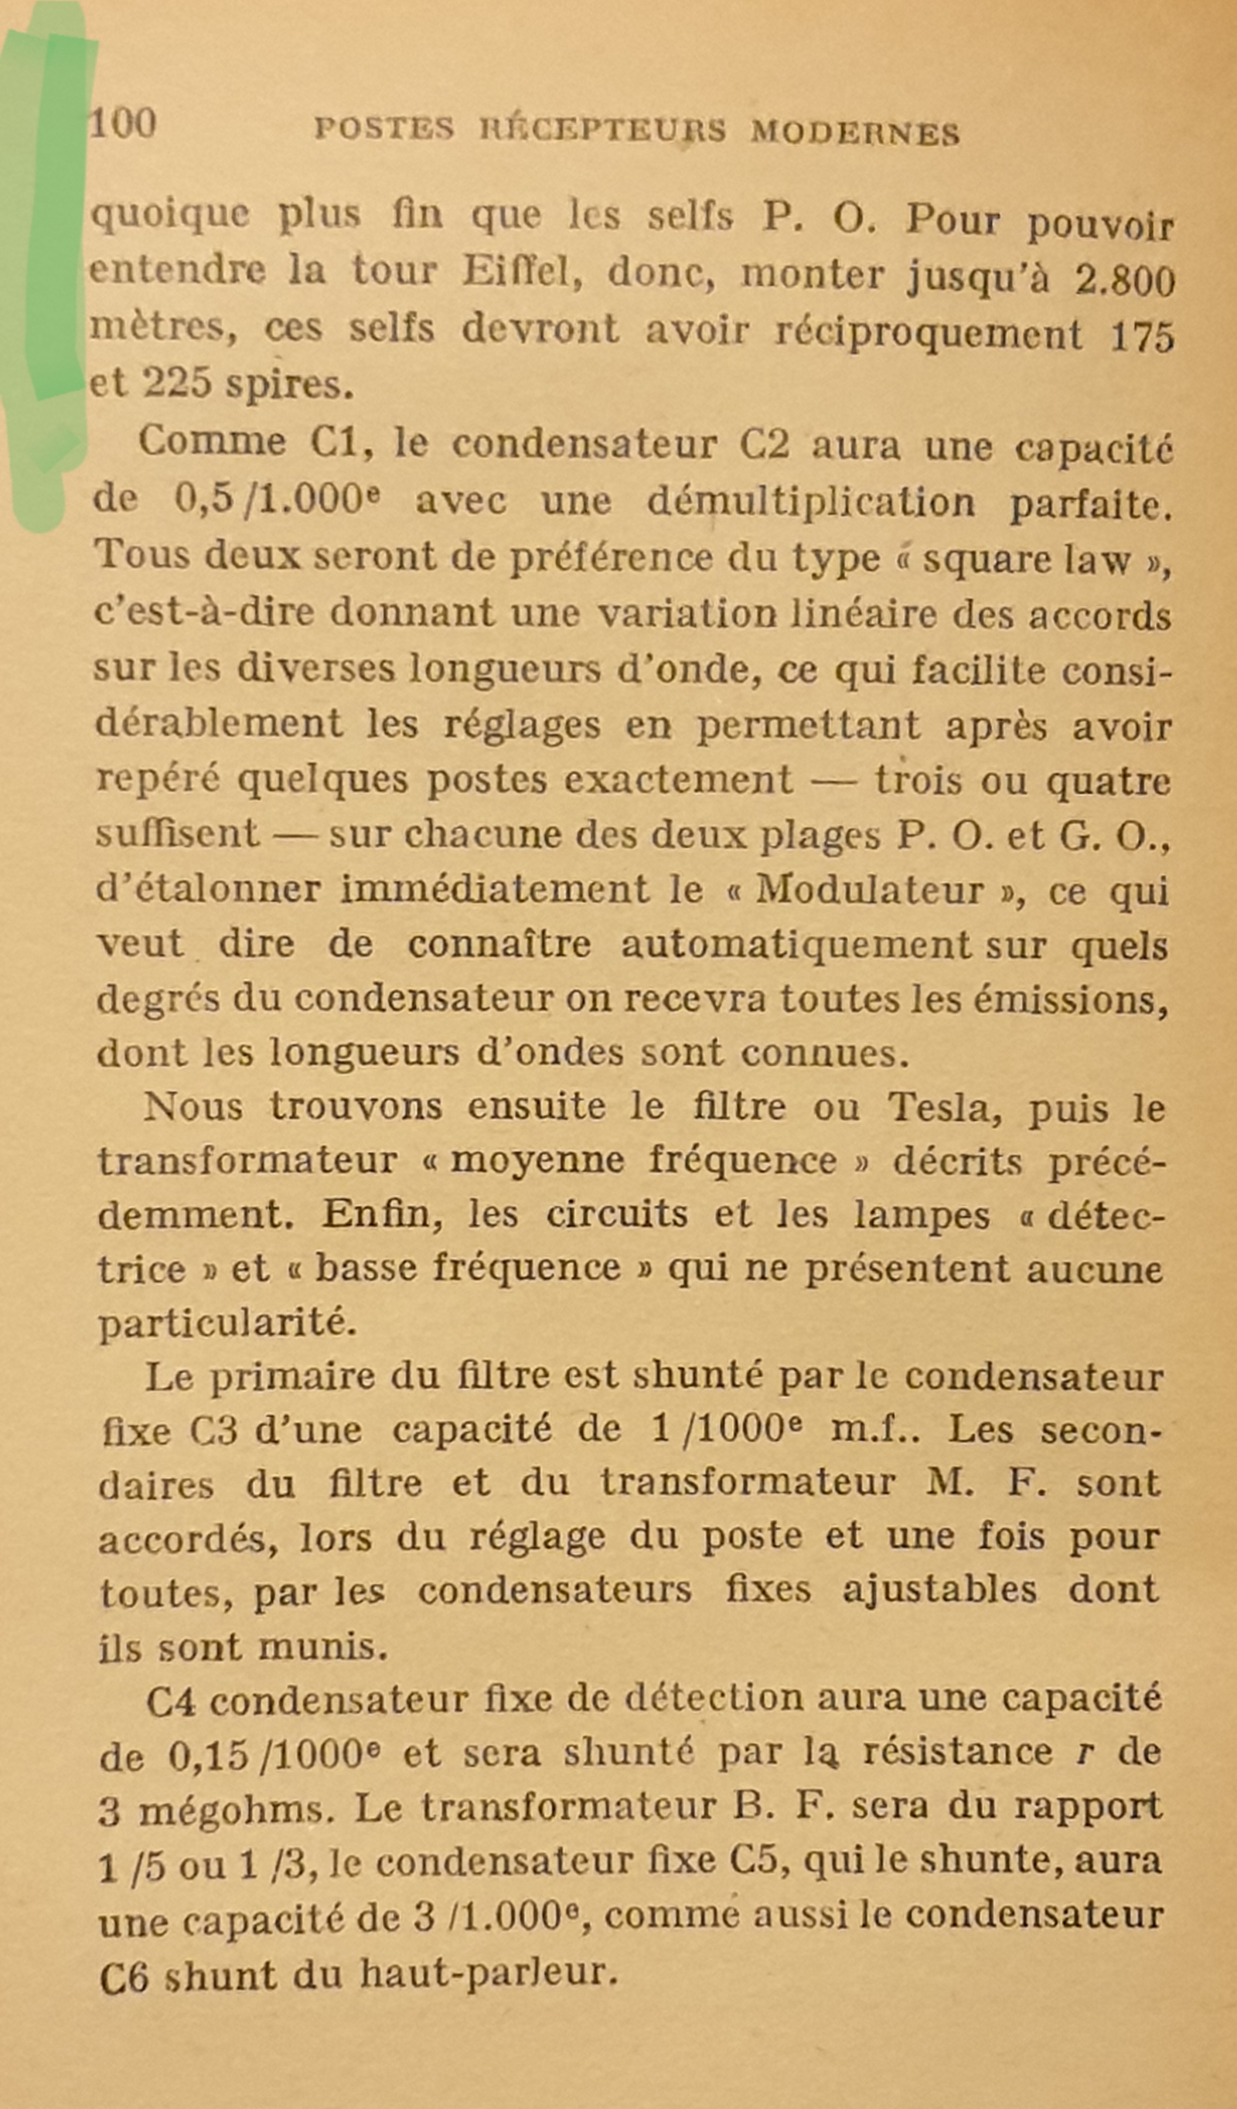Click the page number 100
coord(122,124)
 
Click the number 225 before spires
coord(176,383)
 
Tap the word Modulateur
coord(869,890)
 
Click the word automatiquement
coord(795,944)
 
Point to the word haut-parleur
coord(489,1974)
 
